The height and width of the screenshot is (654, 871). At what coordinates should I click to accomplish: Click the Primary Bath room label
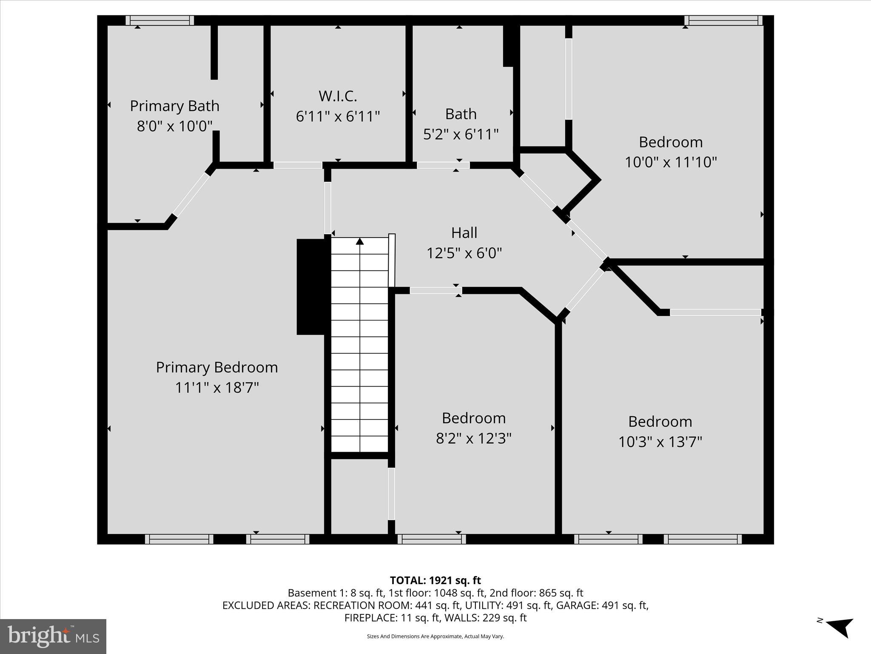coord(174,106)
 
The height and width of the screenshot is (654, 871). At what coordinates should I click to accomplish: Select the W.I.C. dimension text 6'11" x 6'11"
coord(338,116)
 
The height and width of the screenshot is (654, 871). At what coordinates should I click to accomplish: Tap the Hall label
coord(464,233)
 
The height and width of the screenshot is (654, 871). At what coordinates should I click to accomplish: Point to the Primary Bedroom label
coord(217,367)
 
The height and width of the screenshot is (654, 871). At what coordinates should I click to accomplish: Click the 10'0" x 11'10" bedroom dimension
coord(671,162)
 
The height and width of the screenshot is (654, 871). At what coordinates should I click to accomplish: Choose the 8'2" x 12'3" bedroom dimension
coord(473,438)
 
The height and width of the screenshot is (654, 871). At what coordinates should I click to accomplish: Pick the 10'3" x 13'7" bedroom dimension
coord(660,442)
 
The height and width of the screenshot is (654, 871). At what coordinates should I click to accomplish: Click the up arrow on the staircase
coord(360,242)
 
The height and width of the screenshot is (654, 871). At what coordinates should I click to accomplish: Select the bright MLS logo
coord(53,636)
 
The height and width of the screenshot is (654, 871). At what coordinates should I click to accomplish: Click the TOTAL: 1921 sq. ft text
coord(435,580)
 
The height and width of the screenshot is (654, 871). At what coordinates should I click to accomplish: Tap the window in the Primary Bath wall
coord(160,20)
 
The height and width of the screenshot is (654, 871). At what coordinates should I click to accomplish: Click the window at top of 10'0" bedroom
coord(723,20)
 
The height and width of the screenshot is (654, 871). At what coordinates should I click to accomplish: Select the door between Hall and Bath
coord(443,165)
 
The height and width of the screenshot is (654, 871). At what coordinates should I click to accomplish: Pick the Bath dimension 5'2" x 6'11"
coord(461,135)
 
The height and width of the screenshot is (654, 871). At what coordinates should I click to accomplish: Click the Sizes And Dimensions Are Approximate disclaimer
coord(435,636)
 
